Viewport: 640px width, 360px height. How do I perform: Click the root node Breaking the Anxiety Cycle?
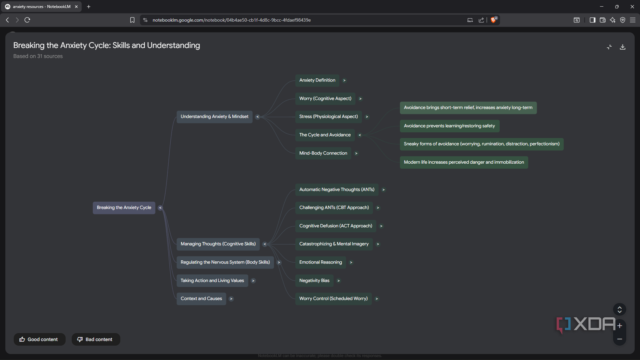[124, 208]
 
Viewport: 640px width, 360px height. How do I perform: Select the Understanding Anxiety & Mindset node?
[214, 117]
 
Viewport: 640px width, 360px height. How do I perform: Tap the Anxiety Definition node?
[317, 80]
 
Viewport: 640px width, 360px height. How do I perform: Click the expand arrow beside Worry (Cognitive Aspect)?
[360, 99]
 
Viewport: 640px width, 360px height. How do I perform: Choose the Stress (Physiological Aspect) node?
[328, 117]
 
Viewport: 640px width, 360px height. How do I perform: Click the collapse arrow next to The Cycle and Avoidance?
[360, 135]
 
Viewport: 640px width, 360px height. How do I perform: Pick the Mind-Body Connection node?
[323, 153]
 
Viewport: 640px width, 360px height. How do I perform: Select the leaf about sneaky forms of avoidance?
[481, 144]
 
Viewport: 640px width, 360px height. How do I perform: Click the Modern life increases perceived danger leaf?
[464, 162]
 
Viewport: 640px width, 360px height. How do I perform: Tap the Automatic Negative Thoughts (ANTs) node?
[336, 190]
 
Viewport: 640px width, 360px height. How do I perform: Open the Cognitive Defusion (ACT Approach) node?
[335, 226]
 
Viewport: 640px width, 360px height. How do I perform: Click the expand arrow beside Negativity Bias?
[339, 281]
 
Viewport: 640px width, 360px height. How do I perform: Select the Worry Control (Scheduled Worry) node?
[333, 299]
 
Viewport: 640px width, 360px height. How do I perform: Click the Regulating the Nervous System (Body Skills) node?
[225, 262]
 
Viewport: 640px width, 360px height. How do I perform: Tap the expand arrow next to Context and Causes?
[231, 299]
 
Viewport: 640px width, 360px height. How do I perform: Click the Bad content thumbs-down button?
[95, 339]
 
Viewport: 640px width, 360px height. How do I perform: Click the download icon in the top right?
[623, 47]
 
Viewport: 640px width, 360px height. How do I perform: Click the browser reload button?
[27, 20]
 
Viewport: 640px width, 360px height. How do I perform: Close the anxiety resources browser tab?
[76, 7]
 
